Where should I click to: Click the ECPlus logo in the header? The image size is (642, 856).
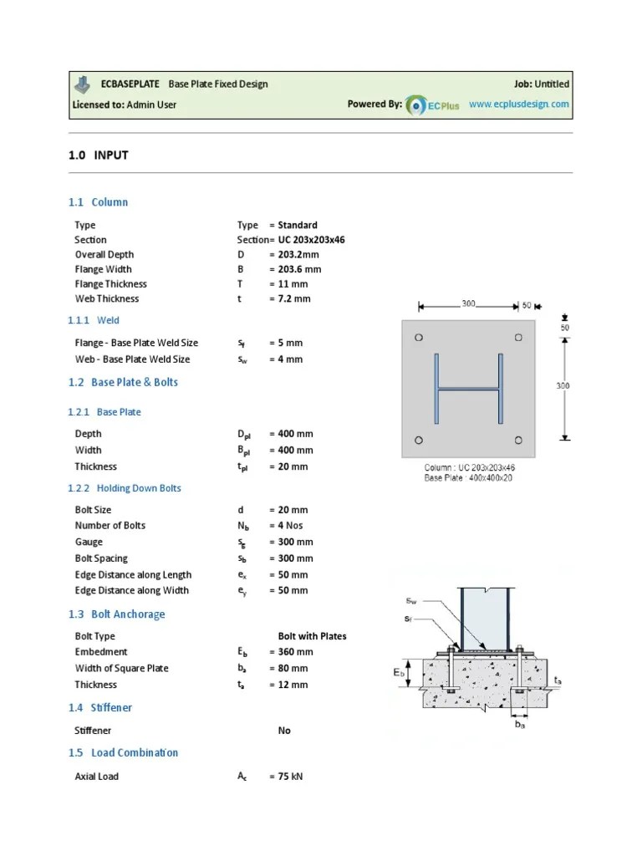coord(432,106)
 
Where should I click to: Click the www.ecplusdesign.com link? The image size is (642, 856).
coord(518,104)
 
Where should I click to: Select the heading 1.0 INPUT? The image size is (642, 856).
coord(98,155)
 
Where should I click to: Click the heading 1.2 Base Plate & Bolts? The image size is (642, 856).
coord(123,382)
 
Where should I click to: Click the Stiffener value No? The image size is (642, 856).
coord(284,731)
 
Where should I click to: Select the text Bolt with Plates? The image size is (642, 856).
coord(312,636)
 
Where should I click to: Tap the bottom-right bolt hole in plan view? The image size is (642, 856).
coord(519,440)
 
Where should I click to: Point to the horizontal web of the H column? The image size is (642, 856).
coord(468,389)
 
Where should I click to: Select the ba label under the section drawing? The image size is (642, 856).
coord(520,725)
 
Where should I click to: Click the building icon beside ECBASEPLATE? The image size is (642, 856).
coord(82,84)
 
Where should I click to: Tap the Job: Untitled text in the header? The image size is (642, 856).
coord(541,84)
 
